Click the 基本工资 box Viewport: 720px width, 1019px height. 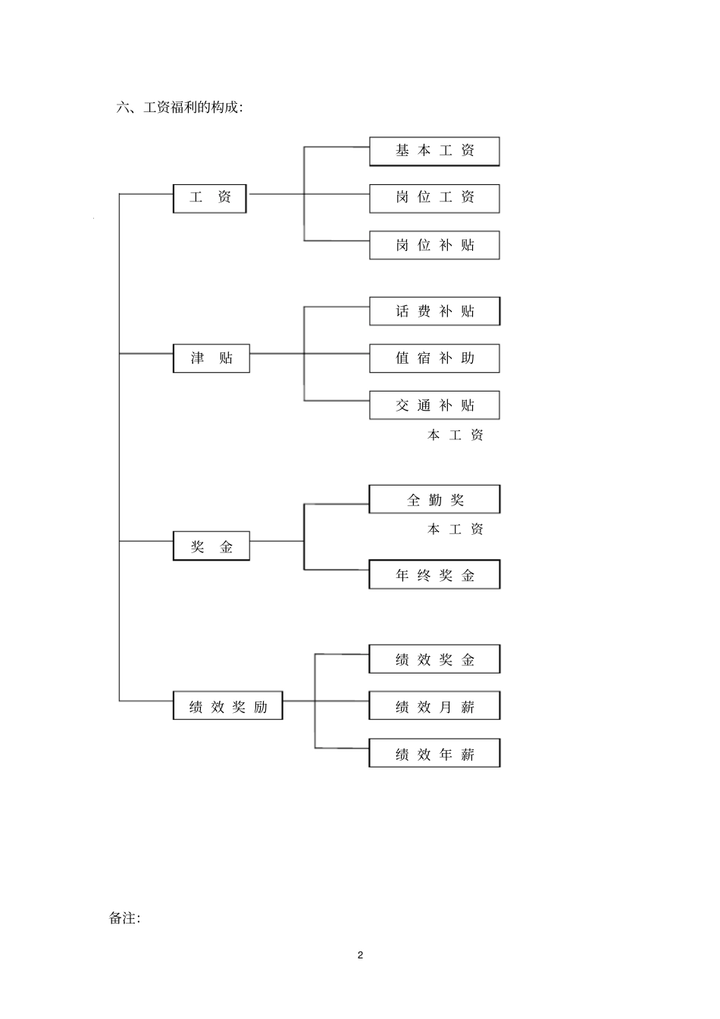pyautogui.click(x=434, y=152)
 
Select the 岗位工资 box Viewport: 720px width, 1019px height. pyautogui.click(x=434, y=198)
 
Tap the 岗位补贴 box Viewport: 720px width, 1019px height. pyautogui.click(x=434, y=245)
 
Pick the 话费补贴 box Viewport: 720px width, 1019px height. pyautogui.click(x=434, y=311)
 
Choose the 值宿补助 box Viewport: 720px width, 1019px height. pyautogui.click(x=434, y=358)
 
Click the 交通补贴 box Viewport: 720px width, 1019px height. pyautogui.click(x=434, y=405)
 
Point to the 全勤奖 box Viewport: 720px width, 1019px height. pyautogui.click(x=434, y=499)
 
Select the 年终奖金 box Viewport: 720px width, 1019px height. pyautogui.click(x=434, y=575)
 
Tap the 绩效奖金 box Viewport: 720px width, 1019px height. pyautogui.click(x=434, y=659)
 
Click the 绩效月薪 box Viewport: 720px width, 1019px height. pyautogui.click(x=434, y=706)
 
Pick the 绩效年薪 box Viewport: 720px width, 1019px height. pyautogui.click(x=434, y=753)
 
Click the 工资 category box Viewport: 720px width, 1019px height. pyautogui.click(x=210, y=198)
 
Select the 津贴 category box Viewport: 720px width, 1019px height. pyautogui.click(x=211, y=358)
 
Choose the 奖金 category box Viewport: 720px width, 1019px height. pyautogui.click(x=211, y=546)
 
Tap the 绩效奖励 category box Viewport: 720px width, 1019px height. pyautogui.click(x=227, y=706)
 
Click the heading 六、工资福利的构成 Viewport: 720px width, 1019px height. pyautogui.click(x=180, y=108)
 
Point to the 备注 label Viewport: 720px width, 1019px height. pyautogui.click(x=124, y=918)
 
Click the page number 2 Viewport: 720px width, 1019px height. pyautogui.click(x=360, y=955)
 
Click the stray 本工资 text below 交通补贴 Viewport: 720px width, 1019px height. pyautogui.click(x=455, y=436)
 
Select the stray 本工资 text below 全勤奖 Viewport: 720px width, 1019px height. pyautogui.click(x=455, y=530)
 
